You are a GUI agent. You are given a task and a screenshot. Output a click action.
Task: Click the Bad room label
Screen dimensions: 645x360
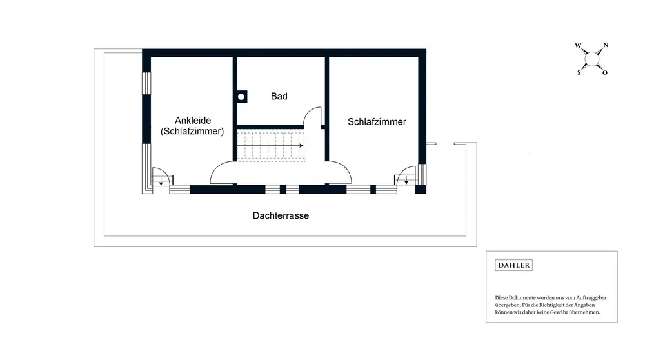(279, 96)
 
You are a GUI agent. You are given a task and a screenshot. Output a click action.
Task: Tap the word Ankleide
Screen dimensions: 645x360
(193, 120)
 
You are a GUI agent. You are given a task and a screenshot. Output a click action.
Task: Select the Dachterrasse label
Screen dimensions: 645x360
(281, 215)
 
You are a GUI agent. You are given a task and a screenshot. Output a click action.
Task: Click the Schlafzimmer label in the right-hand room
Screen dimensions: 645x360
(377, 121)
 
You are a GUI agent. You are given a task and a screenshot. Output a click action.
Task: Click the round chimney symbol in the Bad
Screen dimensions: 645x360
(242, 97)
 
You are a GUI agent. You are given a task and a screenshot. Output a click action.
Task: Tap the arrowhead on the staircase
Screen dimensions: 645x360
(301, 146)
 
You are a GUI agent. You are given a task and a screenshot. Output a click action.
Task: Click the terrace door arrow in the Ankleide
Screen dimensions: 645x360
(161, 183)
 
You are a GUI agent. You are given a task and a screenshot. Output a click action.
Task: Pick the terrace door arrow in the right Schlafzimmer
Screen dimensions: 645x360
(406, 181)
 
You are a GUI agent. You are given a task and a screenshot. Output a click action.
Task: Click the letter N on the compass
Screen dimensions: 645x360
(605, 46)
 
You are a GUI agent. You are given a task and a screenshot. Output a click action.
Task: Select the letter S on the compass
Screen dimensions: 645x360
(579, 72)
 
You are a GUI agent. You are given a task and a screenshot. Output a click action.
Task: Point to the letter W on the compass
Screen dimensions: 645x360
(578, 46)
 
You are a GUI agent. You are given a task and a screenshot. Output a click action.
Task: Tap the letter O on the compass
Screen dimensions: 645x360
(605, 73)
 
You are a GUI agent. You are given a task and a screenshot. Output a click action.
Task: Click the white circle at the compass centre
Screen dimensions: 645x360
(591, 59)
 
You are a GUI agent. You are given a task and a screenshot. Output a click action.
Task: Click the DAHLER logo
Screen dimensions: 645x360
(513, 265)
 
